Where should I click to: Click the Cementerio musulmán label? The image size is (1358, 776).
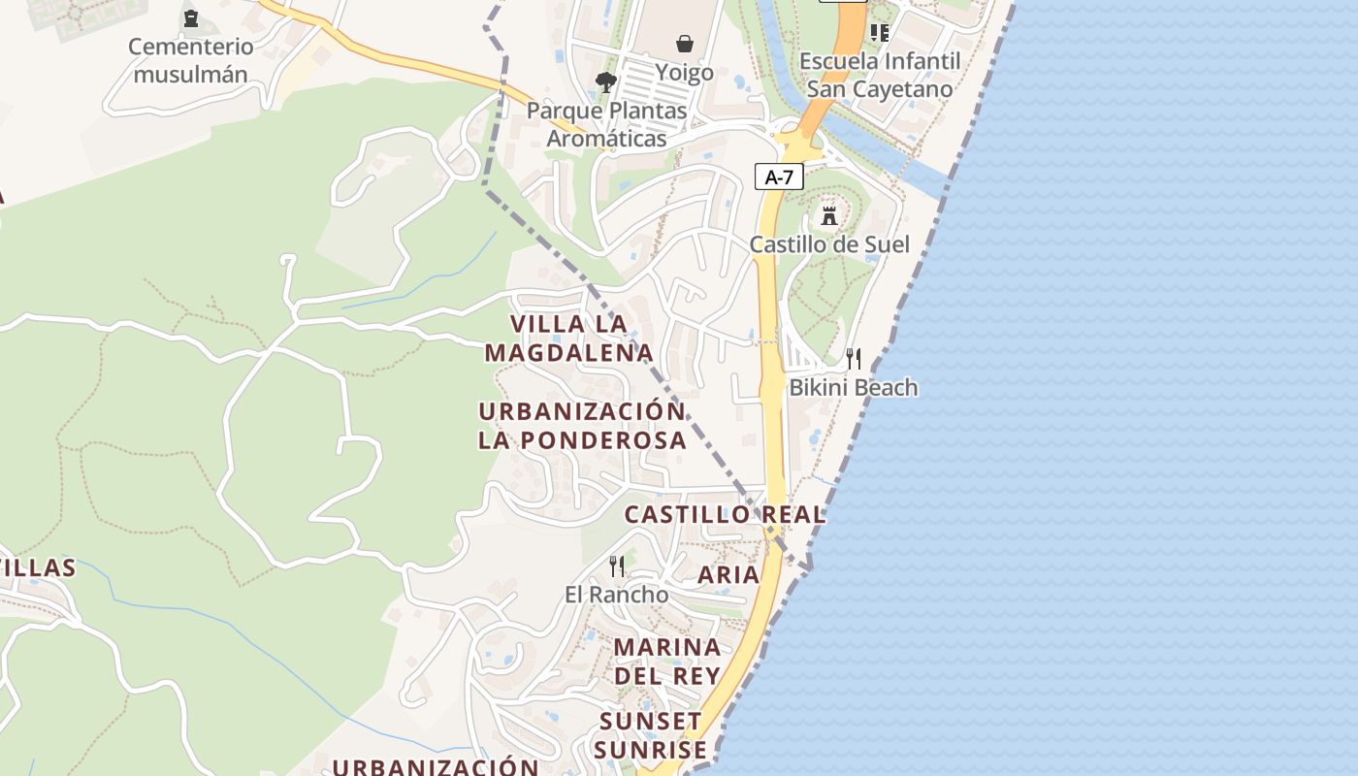click(x=190, y=60)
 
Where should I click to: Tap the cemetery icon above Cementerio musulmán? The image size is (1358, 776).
click(x=190, y=17)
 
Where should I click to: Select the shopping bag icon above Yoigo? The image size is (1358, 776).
click(x=685, y=44)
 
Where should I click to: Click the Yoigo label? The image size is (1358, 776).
click(x=684, y=73)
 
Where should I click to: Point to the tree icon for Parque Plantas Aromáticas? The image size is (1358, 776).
click(x=606, y=81)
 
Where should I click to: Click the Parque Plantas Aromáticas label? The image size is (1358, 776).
click(x=606, y=124)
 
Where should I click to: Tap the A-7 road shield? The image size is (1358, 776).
click(x=779, y=177)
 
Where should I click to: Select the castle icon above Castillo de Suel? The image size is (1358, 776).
click(x=828, y=215)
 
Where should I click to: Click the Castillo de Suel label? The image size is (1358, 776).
click(x=829, y=243)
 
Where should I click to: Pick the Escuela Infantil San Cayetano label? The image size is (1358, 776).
click(x=880, y=75)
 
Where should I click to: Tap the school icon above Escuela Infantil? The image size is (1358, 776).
click(x=880, y=33)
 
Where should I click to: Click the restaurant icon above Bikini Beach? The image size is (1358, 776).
click(x=854, y=359)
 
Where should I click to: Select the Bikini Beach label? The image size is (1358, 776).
click(x=853, y=388)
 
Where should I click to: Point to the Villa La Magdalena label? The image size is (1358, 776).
click(x=569, y=338)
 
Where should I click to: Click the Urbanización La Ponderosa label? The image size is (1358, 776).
click(x=582, y=425)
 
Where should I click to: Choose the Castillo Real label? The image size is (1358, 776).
click(x=725, y=514)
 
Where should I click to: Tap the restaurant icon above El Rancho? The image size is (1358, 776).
click(x=617, y=566)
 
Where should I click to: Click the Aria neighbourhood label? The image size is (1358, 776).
click(x=728, y=574)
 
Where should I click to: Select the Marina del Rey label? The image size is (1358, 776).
click(x=667, y=661)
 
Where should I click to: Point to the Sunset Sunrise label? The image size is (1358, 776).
click(x=650, y=735)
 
